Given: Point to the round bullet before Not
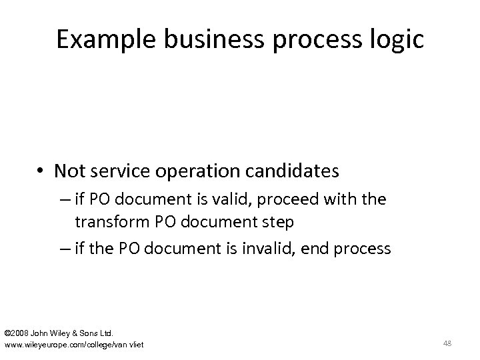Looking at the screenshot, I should pos(42,172).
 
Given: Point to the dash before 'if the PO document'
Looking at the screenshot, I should pos(83,249).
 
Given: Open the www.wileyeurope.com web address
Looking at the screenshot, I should pos(73,344).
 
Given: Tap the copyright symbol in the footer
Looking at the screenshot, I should pos(7,331).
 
